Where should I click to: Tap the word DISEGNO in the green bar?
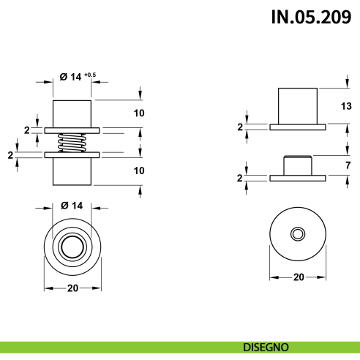click(x=266, y=346)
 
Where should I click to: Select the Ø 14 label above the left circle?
click(x=71, y=204)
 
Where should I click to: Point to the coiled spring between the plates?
click(x=72, y=142)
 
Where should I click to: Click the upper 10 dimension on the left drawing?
click(x=139, y=113)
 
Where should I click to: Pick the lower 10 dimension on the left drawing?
click(x=139, y=170)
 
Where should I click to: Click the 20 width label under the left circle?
click(x=72, y=288)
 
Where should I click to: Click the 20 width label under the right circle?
click(x=298, y=277)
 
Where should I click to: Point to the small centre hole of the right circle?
click(x=297, y=233)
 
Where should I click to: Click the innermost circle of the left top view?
click(x=72, y=244)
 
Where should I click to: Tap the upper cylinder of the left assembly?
click(x=72, y=114)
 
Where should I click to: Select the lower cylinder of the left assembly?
click(x=72, y=170)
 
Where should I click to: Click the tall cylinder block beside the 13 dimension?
click(x=297, y=105)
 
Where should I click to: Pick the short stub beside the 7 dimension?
click(x=297, y=165)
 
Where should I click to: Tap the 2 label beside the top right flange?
click(x=239, y=127)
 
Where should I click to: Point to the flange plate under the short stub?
click(x=297, y=178)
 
